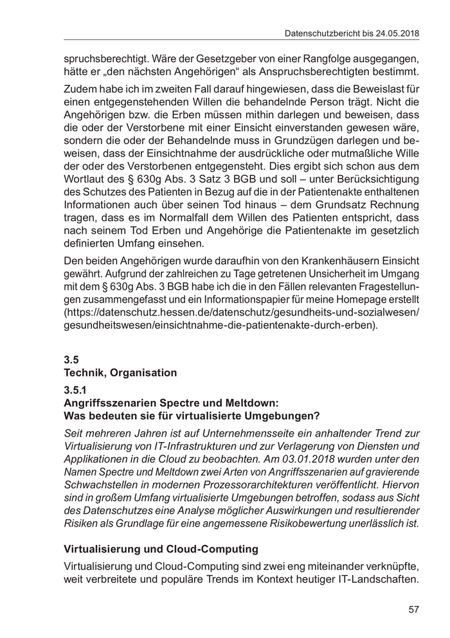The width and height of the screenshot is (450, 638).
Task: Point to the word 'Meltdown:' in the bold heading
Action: (x=254, y=402)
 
